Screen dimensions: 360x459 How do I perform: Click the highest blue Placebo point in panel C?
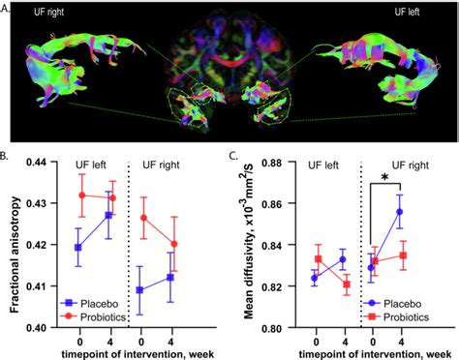click(400, 211)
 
